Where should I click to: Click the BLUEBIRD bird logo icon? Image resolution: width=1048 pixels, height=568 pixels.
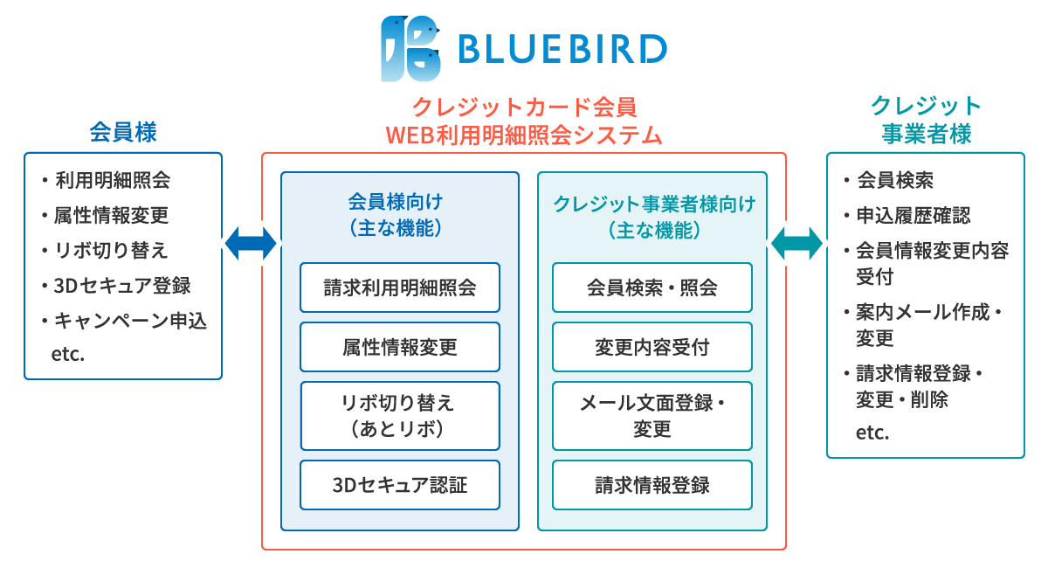pos(410,49)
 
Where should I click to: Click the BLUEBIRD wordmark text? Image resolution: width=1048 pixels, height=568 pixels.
pos(562,49)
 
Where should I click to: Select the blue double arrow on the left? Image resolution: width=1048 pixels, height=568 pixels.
pos(251,243)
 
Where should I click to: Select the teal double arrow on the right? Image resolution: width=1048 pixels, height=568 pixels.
pos(796,243)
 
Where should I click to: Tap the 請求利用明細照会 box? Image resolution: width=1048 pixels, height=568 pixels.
pos(400,287)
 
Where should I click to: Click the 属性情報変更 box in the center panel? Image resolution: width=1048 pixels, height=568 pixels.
pos(400,347)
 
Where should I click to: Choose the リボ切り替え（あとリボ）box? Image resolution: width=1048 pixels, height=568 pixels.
pos(400,416)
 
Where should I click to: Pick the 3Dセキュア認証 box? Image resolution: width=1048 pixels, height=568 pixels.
pos(400,485)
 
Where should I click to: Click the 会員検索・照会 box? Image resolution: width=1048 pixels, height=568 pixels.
pos(652,287)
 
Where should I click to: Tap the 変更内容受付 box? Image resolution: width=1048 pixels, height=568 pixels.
pos(652,347)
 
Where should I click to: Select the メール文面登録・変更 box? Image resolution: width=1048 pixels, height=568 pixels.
pos(652,416)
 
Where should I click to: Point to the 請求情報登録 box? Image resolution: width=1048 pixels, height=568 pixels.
pos(652,485)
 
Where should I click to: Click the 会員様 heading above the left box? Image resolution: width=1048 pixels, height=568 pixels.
pos(123,132)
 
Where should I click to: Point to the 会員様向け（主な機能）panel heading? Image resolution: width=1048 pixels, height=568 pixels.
pos(396,215)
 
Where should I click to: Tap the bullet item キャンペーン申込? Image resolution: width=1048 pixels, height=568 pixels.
pos(125,321)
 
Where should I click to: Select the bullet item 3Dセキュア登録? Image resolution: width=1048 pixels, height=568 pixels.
pos(117,286)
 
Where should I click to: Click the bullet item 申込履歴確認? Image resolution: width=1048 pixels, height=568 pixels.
pos(908,215)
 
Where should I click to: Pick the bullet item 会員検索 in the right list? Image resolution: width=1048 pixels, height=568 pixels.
pos(889,180)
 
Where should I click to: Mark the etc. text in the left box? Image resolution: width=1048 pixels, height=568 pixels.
pos(68,355)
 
